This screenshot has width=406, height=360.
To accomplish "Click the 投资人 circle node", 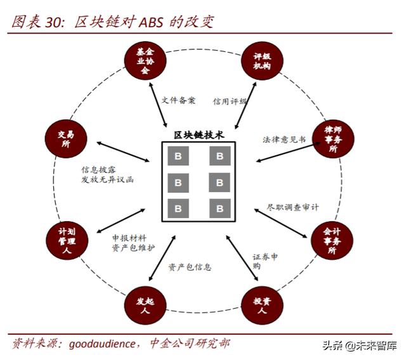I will pos(260,306).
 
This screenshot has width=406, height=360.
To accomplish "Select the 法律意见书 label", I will pos(284,139).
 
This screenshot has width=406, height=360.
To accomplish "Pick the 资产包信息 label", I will pos(190,267).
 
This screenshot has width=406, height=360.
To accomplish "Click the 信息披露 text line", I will pos(98,170).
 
